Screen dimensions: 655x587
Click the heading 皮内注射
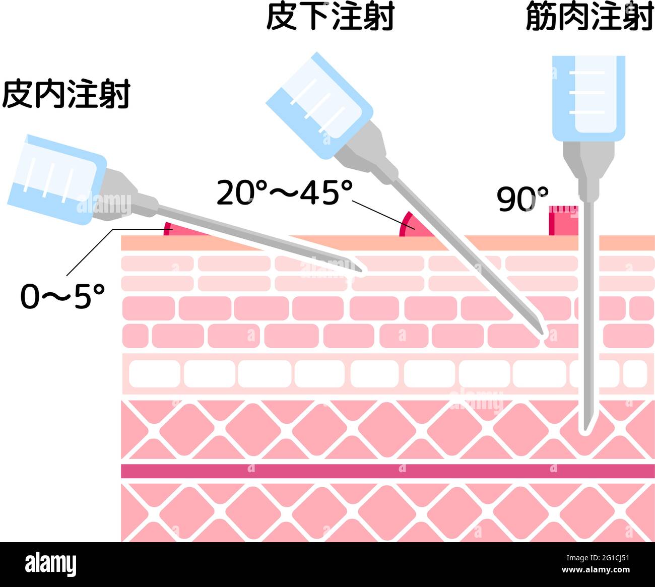click(66, 94)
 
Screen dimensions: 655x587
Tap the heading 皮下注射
click(330, 16)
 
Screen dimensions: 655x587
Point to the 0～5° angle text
click(62, 296)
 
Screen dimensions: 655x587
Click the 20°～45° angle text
click(285, 193)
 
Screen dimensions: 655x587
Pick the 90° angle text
click(522, 199)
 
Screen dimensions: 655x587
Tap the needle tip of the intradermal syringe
click(361, 271)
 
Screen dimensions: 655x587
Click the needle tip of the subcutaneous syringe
click(542, 333)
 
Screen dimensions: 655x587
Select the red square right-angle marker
click(563, 220)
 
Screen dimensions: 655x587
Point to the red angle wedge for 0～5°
click(181, 230)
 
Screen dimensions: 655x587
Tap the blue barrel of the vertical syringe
click(588, 98)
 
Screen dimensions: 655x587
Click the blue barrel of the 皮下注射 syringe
click(319, 105)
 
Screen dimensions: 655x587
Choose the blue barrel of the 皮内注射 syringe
click(57, 179)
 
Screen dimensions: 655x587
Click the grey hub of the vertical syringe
click(588, 172)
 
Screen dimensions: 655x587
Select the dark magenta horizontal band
click(388, 471)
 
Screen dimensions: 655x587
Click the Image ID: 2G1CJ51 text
click(598, 558)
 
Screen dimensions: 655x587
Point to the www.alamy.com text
click(596, 569)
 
